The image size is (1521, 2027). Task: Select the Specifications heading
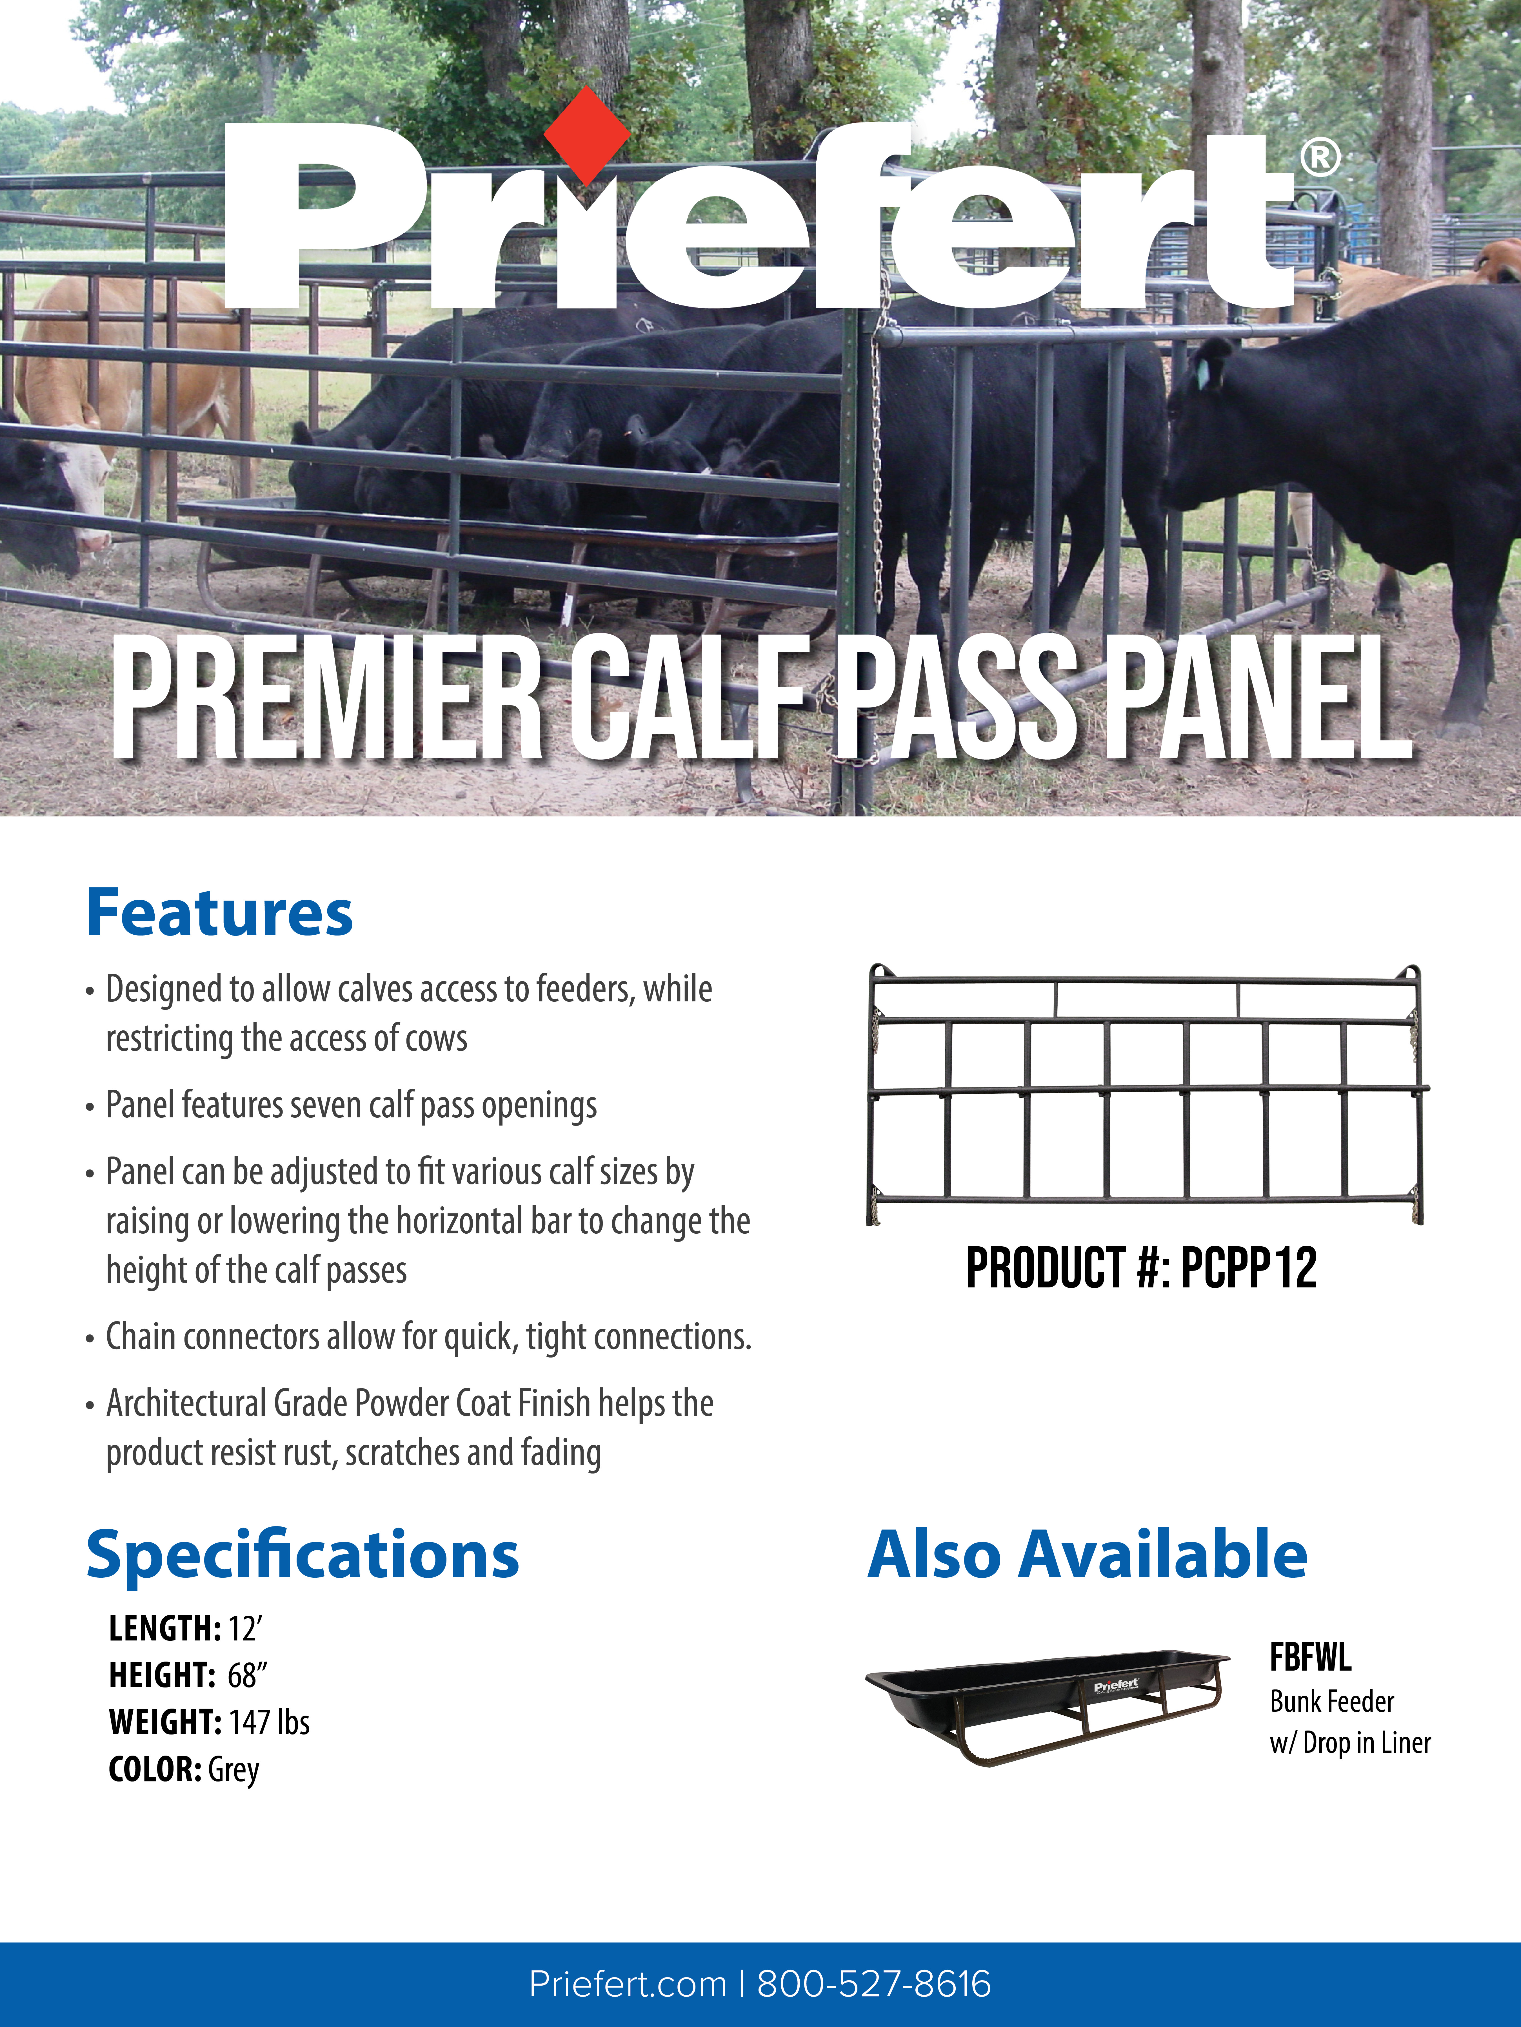coord(303,1555)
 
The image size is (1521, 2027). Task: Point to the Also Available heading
coord(1087,1555)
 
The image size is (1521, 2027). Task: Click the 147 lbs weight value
coord(270,1723)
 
